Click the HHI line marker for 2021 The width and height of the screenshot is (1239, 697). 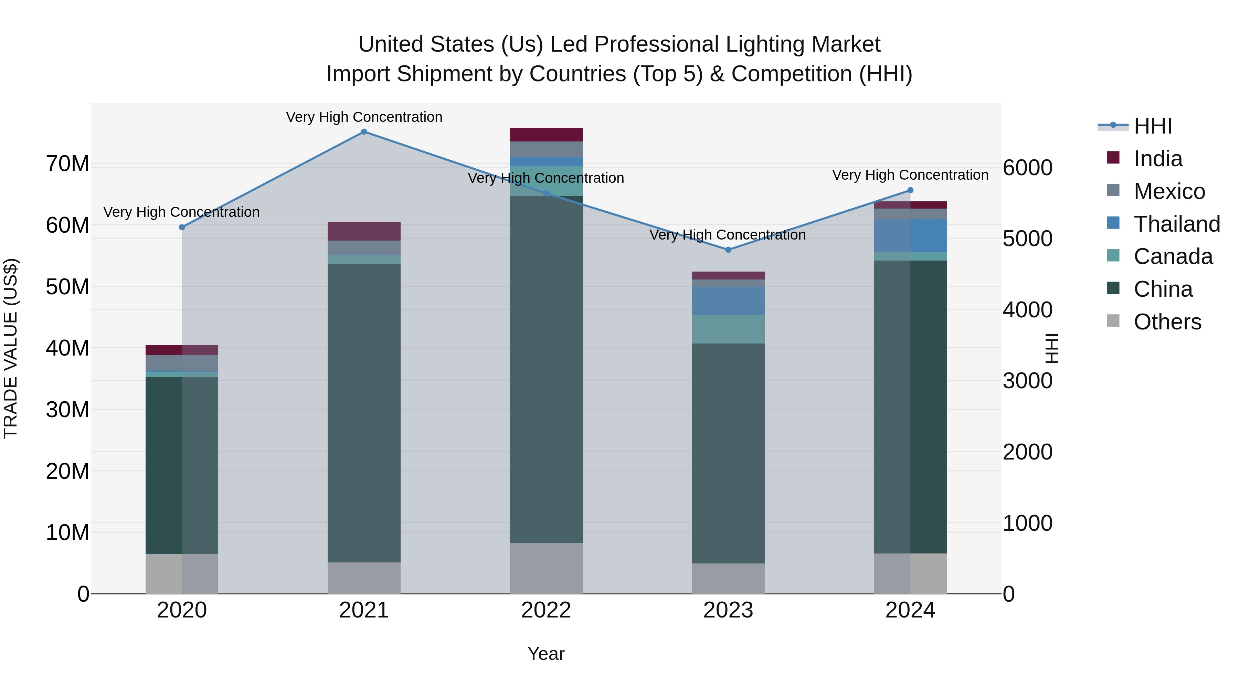(364, 132)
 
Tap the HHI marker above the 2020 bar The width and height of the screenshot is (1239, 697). (182, 227)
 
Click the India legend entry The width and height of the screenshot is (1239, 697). (1157, 159)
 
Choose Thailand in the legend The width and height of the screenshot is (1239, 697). (1176, 224)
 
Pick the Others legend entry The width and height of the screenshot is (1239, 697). (1167, 322)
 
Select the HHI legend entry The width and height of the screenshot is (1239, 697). (1152, 126)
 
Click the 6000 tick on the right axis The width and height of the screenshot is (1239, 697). (1027, 168)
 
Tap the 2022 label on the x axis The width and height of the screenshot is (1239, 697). (546, 610)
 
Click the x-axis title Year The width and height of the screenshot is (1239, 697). (546, 654)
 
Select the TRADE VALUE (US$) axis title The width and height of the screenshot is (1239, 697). (11, 348)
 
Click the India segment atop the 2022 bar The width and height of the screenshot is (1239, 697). (546, 134)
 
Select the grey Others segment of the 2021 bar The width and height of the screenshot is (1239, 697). (364, 578)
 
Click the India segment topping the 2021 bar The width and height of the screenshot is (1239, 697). (364, 231)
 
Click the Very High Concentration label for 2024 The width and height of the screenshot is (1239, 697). (910, 175)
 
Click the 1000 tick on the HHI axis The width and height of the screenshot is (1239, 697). (1027, 523)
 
